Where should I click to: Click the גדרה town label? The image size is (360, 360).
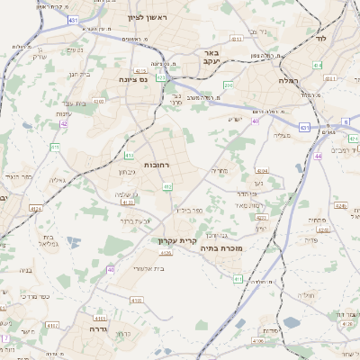pos(94,328)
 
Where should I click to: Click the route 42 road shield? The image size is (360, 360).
pos(64,124)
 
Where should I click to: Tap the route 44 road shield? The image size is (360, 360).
pos(319,156)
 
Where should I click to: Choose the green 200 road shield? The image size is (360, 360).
pos(229,85)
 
